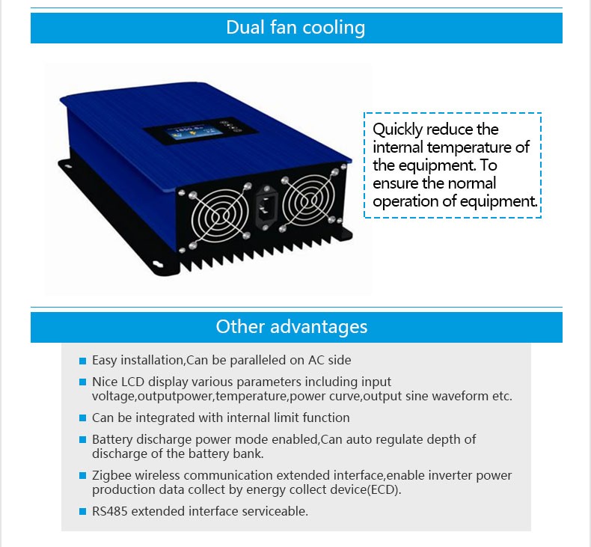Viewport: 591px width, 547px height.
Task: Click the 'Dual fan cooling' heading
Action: [x=295, y=28]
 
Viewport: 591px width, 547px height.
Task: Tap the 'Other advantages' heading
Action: [x=292, y=327]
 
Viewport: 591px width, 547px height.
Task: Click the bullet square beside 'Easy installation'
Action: [x=83, y=361]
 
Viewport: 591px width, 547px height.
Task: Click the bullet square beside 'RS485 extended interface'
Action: [x=83, y=513]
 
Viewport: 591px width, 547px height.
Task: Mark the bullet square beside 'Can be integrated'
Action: [x=83, y=418]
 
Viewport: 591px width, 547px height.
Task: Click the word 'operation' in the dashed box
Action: [x=403, y=201]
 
